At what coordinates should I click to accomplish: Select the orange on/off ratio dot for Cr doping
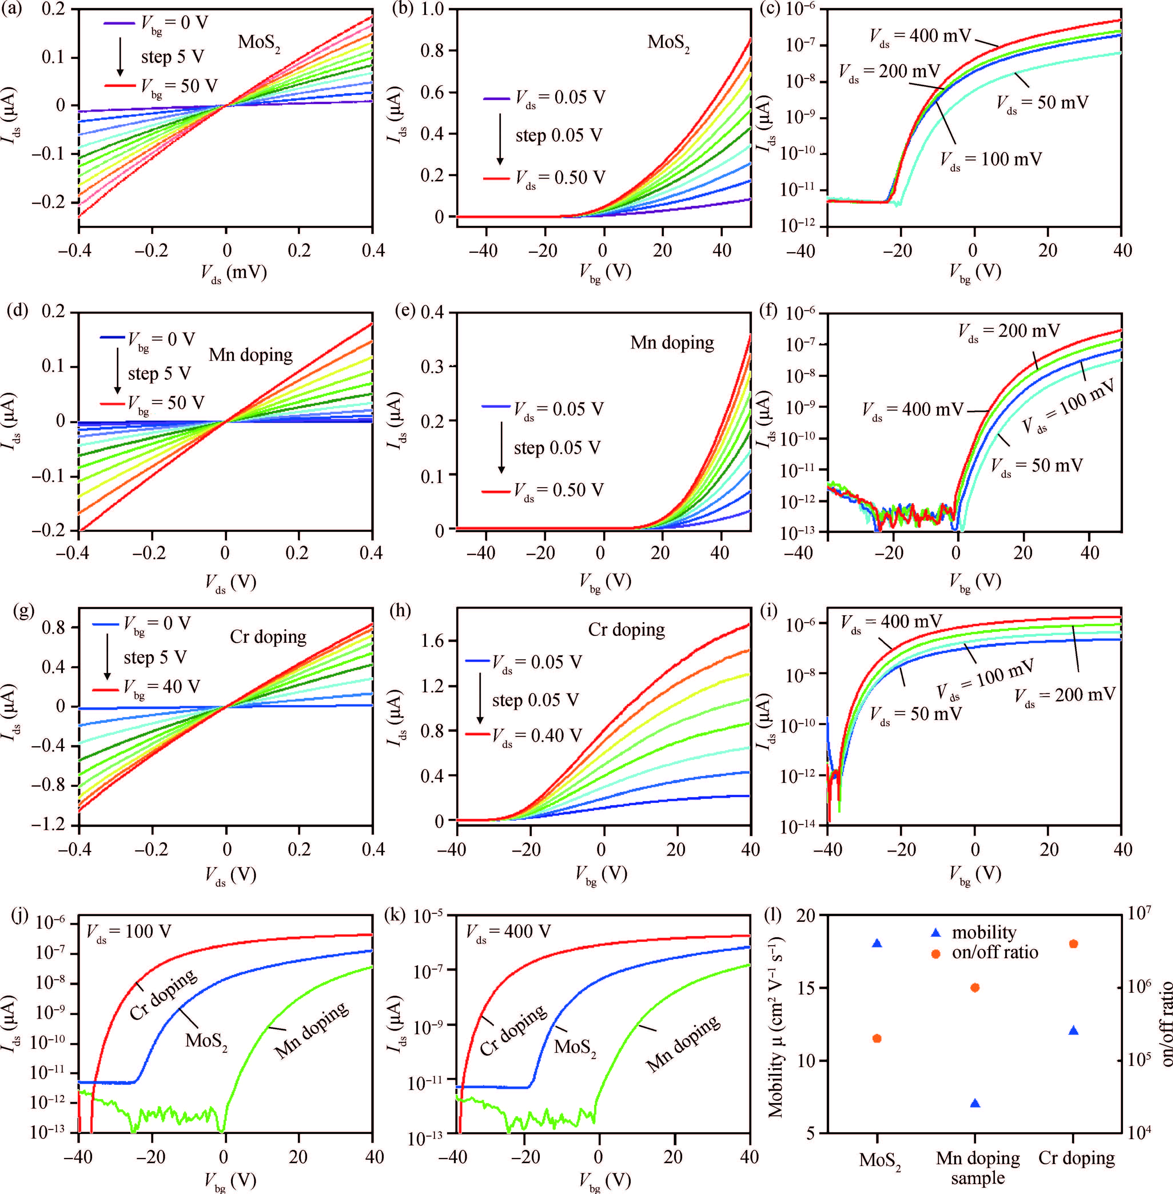1073,943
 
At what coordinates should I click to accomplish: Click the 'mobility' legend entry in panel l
983,932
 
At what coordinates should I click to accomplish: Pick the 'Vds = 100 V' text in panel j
128,932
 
